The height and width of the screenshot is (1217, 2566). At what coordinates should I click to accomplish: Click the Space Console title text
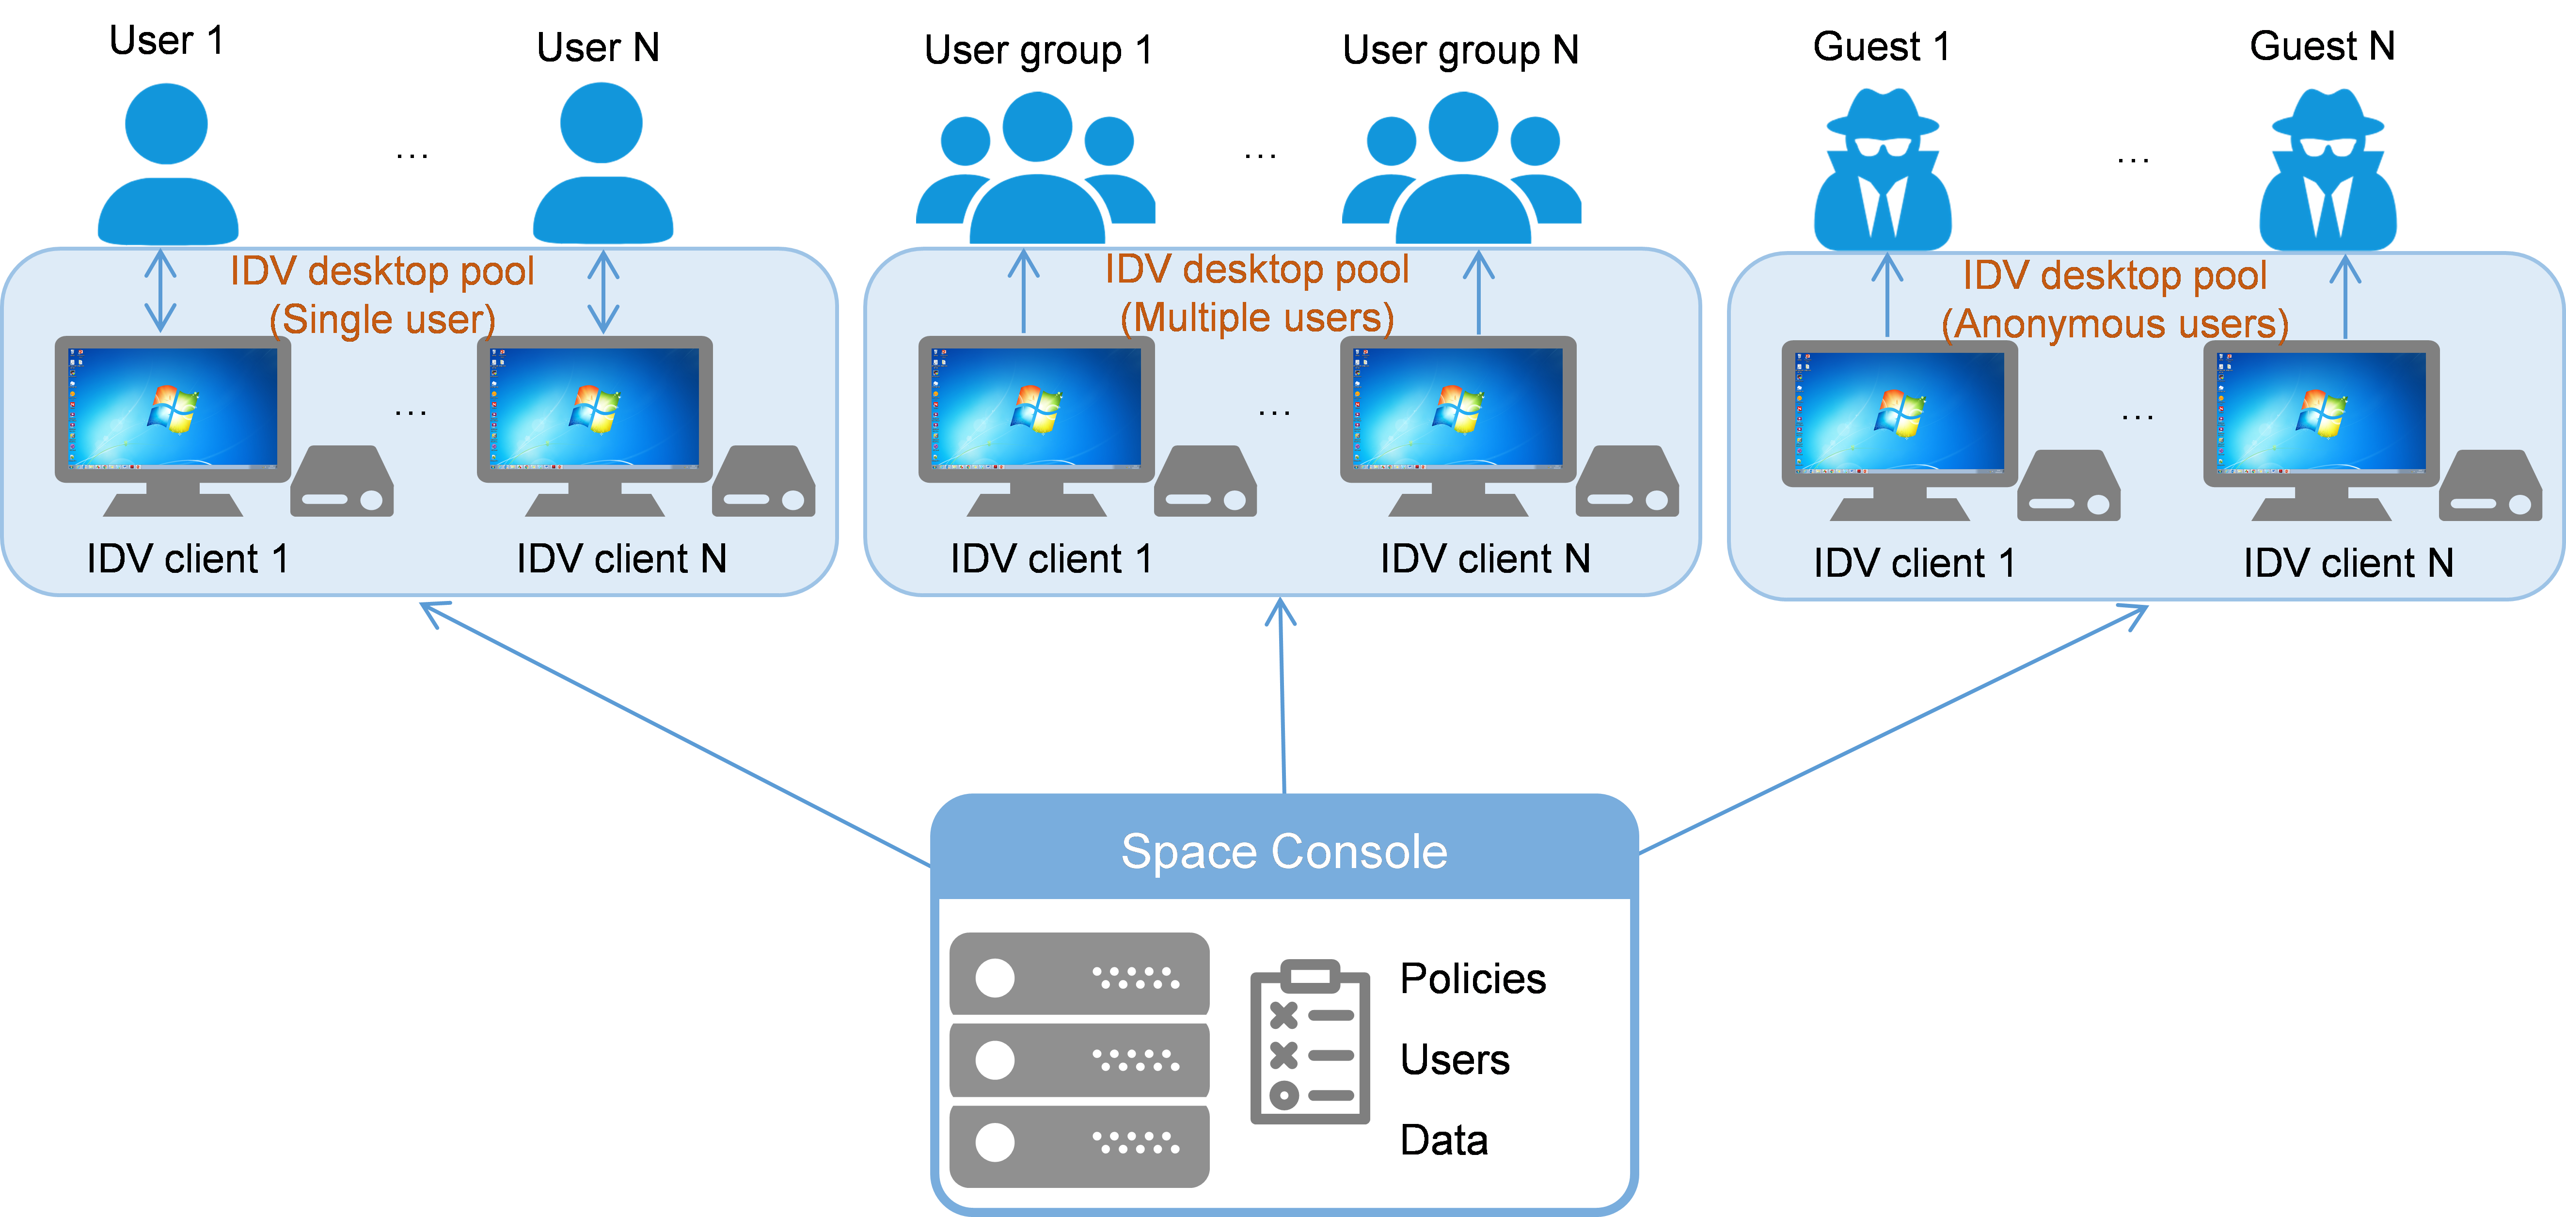pyautogui.click(x=1284, y=852)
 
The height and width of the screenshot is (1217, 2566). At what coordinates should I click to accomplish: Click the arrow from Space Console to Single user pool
pyautogui.click(x=677, y=732)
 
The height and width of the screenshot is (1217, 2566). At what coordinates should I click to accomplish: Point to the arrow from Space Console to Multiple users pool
pyautogui.click(x=1282, y=697)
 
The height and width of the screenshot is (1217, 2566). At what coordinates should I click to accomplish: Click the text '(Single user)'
pyautogui.click(x=382, y=320)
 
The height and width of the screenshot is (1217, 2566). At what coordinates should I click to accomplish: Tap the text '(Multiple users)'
pyautogui.click(x=1257, y=317)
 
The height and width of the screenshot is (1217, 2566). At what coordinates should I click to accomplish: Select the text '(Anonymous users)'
pyautogui.click(x=2115, y=324)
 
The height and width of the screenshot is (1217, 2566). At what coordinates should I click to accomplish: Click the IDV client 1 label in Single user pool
pyautogui.click(x=187, y=559)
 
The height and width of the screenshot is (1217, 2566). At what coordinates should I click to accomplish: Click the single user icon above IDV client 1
pyautogui.click(x=167, y=164)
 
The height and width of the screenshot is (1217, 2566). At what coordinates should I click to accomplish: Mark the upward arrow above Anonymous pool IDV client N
pyautogui.click(x=2346, y=297)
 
